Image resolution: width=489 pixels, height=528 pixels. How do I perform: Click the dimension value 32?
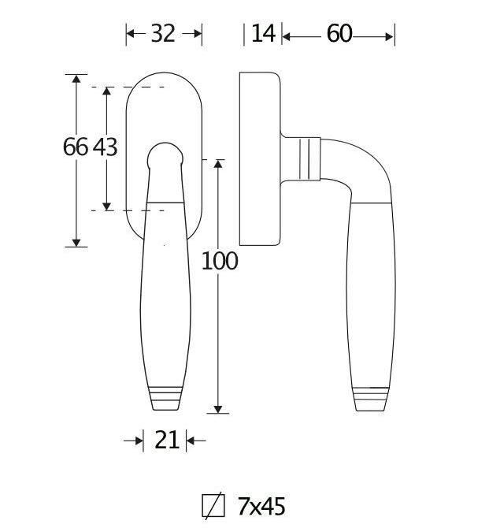click(x=163, y=34)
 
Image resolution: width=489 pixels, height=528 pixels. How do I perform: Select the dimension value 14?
click(x=264, y=34)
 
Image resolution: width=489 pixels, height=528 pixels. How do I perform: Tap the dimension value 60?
click(x=339, y=34)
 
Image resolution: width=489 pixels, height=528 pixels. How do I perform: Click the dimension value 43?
click(x=106, y=147)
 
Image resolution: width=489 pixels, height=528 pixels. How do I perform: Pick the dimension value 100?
click(x=219, y=261)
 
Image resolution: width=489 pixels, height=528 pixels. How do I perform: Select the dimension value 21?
click(x=166, y=441)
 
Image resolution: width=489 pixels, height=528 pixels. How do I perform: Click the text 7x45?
click(x=261, y=506)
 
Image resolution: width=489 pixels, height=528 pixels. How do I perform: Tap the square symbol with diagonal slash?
click(x=213, y=506)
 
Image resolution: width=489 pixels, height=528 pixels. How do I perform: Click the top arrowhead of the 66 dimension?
click(x=76, y=80)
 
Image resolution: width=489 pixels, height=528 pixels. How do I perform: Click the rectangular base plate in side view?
click(x=260, y=160)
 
